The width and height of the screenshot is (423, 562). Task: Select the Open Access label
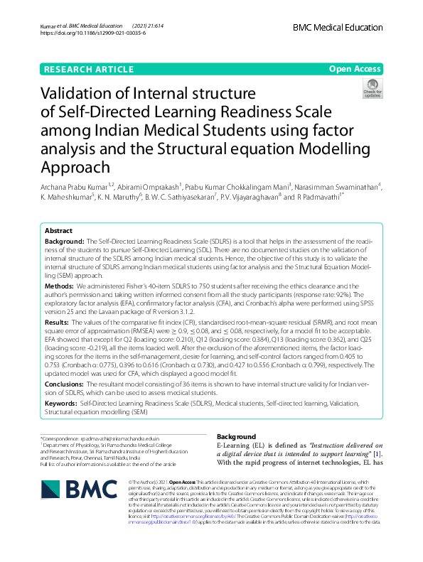(x=355, y=69)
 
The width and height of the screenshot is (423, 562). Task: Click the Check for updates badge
(x=372, y=89)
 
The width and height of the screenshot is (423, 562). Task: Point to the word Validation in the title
(x=80, y=94)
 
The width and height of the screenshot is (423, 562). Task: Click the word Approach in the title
(x=75, y=167)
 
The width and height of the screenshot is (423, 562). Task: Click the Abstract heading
(x=58, y=232)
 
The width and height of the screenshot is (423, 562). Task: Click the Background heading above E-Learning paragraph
(x=235, y=436)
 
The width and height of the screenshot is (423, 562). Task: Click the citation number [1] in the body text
(x=379, y=454)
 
